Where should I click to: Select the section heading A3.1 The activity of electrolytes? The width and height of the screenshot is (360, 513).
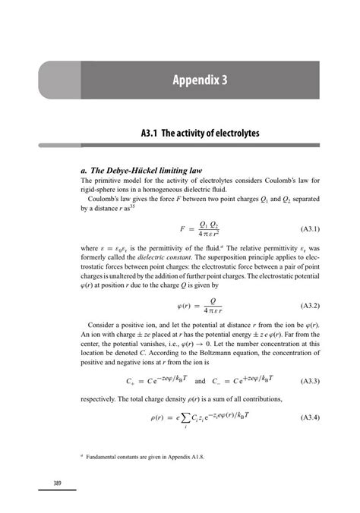[x=201, y=134]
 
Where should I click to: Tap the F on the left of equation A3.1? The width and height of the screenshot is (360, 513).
[x=182, y=228]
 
